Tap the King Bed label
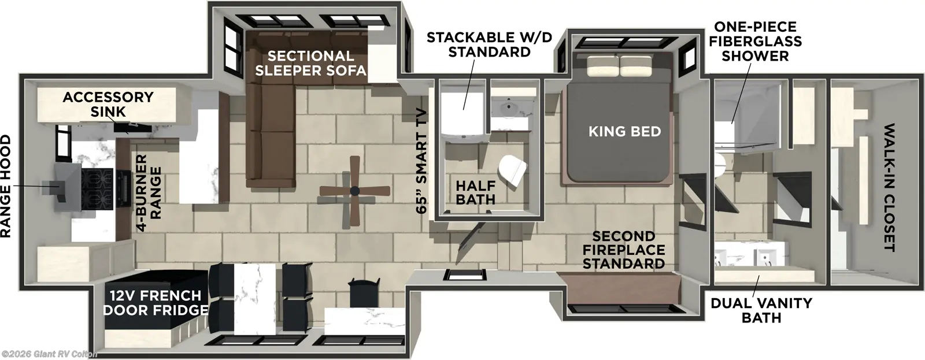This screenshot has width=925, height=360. coord(624,131)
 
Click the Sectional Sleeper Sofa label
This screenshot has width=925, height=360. coord(311,63)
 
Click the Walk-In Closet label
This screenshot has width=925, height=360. coord(889,187)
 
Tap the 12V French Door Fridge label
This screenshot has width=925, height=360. coord(155,303)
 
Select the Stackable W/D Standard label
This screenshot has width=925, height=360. coord(489,44)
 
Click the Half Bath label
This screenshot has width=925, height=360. coord(475,192)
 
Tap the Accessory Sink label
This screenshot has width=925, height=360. coord(108,104)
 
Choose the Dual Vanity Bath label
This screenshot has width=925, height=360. coord(761,310)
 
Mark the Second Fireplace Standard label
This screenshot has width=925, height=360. coord(623,250)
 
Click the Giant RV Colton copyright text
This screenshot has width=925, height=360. coord(49,354)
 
